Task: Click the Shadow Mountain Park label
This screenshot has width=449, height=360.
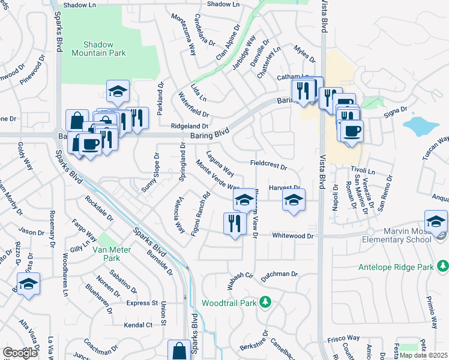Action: pyautogui.click(x=104, y=49)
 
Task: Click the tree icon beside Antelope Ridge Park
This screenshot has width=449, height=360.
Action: pyautogui.click(x=442, y=265)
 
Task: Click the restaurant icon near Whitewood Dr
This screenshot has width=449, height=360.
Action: pyautogui.click(x=235, y=224)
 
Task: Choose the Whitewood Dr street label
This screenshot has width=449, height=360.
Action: pyautogui.click(x=293, y=236)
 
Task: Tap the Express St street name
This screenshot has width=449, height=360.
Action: pyautogui.click(x=142, y=304)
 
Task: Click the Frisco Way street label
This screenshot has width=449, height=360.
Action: pyautogui.click(x=343, y=339)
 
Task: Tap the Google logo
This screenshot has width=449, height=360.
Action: pyautogui.click(x=20, y=352)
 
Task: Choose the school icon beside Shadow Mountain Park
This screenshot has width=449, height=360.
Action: pyautogui.click(x=118, y=92)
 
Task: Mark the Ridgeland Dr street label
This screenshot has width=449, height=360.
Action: pyautogui.click(x=189, y=127)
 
